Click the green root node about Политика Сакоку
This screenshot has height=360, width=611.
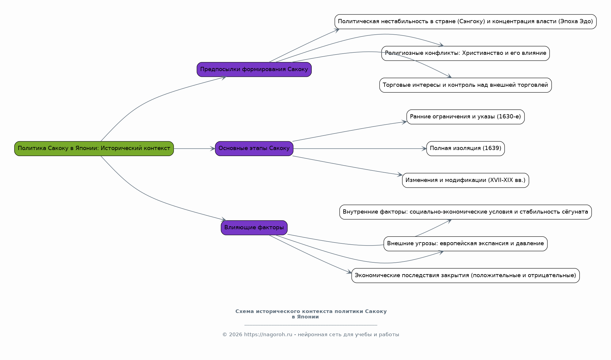click(x=94, y=149)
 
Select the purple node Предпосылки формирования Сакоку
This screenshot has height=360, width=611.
click(x=254, y=69)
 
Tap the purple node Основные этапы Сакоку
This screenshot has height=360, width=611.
click(x=254, y=149)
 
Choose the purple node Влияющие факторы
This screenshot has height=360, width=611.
click(x=254, y=228)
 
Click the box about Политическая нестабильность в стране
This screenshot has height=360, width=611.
click(x=465, y=22)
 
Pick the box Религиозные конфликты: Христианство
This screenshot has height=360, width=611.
click(x=465, y=53)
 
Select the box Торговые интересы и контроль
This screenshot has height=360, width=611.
click(x=465, y=85)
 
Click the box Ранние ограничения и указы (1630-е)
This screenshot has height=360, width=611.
click(x=465, y=117)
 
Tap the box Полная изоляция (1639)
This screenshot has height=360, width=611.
click(x=465, y=149)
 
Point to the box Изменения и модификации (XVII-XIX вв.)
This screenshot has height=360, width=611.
click(x=465, y=180)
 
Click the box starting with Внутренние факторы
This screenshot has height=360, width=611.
click(x=465, y=212)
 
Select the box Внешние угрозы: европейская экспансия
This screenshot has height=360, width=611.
click(x=465, y=244)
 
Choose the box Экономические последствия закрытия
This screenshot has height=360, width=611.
click(x=465, y=275)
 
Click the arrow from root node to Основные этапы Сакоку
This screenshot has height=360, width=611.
click(x=194, y=149)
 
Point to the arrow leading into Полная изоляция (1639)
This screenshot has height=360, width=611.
click(x=360, y=149)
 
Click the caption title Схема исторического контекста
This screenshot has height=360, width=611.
click(x=311, y=314)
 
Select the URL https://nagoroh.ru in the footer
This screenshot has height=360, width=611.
click(x=268, y=334)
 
